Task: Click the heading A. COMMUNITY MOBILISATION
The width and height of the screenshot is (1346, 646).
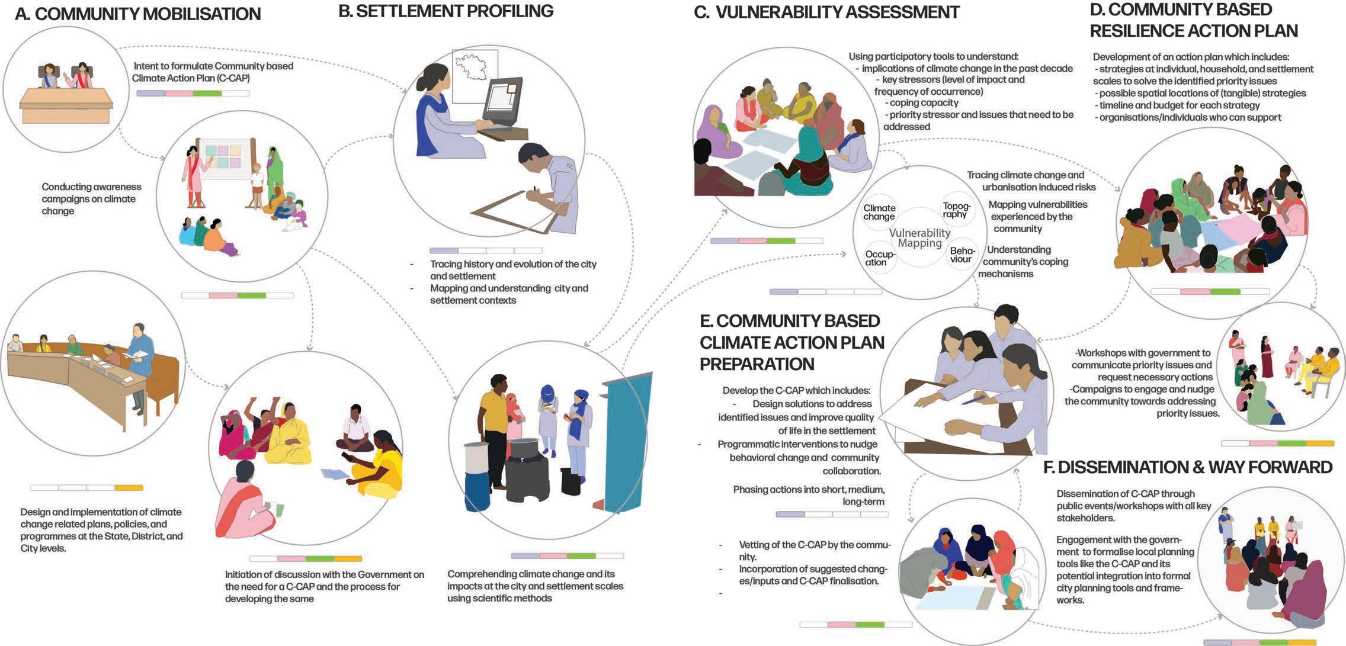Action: coord(137,14)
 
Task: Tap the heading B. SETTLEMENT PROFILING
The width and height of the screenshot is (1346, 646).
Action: coord(446,11)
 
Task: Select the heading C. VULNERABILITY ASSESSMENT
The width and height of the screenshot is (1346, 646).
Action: coord(827,12)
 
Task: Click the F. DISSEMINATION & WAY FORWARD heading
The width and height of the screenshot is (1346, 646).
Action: coord(1188,467)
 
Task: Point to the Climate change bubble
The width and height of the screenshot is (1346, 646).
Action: coord(879,212)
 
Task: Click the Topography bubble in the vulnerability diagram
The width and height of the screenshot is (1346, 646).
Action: coord(956,210)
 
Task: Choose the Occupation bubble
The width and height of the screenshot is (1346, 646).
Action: coord(880,258)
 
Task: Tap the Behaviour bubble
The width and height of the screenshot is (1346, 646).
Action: coord(962,255)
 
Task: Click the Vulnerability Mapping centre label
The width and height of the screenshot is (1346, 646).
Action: coord(919,238)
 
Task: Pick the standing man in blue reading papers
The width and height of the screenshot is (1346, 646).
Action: coord(141,361)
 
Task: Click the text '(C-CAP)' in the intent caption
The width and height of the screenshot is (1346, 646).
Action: coord(232,78)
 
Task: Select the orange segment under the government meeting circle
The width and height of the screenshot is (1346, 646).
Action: coord(129,488)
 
